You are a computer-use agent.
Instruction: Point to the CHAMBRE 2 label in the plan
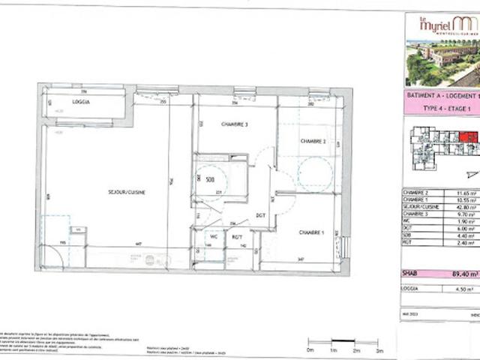pos(313,141)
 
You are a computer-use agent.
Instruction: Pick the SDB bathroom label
pos(199,179)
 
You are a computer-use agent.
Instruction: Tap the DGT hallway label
pos(261,215)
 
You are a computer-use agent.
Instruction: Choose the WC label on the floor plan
pos(214,238)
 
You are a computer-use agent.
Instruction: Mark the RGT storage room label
pos(236,238)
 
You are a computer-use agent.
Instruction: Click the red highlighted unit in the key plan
pos(468,136)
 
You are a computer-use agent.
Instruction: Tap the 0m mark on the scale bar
pos(310,349)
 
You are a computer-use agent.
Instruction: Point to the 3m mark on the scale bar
pos(379,349)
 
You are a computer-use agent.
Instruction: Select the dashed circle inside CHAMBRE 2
pos(314,174)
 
